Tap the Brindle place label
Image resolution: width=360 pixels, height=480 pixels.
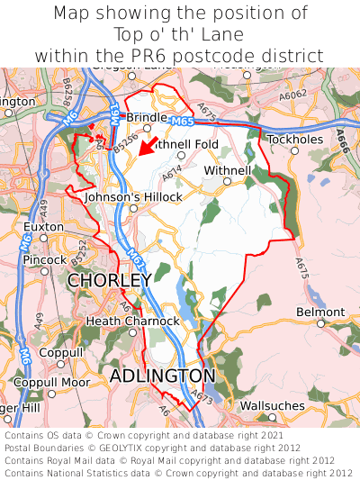(x=146, y=117)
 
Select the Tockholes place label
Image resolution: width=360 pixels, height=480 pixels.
(x=293, y=140)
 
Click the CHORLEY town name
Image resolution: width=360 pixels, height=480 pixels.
(x=109, y=281)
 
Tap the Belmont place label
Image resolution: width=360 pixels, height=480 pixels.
(x=319, y=312)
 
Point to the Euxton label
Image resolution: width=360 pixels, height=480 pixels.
(x=43, y=226)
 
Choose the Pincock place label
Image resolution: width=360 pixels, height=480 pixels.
(x=45, y=259)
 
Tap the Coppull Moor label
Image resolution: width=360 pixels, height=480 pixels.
(x=50, y=383)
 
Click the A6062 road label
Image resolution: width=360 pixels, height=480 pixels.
(x=292, y=94)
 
